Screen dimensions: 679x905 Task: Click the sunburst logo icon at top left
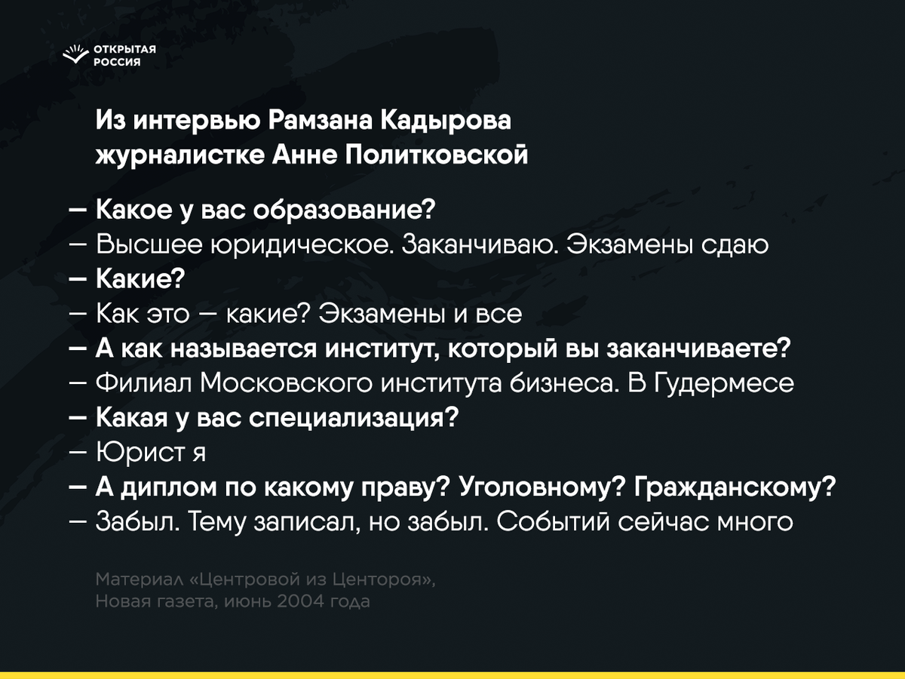pyautogui.click(x=75, y=54)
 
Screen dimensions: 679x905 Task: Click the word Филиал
pyautogui.click(x=143, y=383)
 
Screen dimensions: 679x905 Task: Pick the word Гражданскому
pyautogui.click(x=735, y=487)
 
